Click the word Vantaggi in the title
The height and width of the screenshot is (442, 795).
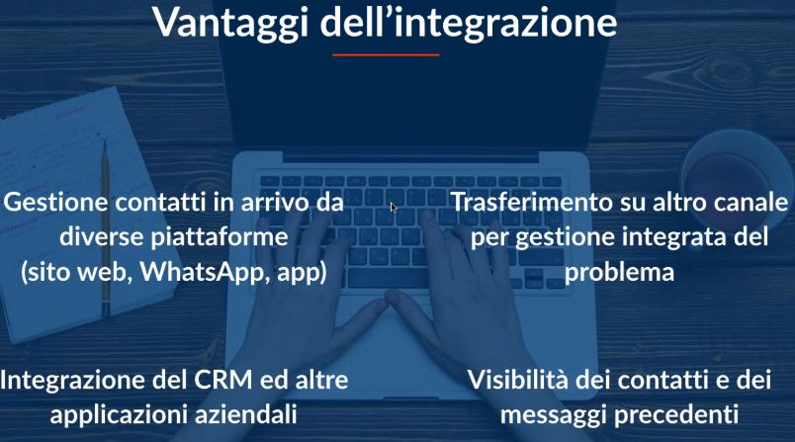[x=230, y=24]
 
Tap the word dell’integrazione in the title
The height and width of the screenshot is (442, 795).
[x=469, y=23]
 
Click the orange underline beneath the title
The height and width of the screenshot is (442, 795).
[x=386, y=54]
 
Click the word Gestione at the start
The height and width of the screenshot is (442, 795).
[x=55, y=202]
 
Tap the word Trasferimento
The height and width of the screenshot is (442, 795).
[x=531, y=202]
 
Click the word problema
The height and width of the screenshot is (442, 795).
[x=619, y=273]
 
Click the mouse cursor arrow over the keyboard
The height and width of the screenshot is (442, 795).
[x=394, y=208]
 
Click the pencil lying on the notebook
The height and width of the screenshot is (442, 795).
[x=106, y=228]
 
